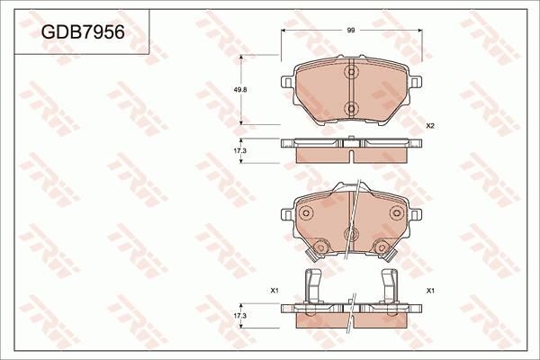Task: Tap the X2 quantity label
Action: click(x=430, y=125)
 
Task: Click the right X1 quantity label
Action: click(x=430, y=291)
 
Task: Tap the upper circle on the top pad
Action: click(x=352, y=72)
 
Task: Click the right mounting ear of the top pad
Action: click(x=417, y=83)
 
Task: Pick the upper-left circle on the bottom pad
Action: click(x=306, y=213)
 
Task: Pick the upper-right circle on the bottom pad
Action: click(x=396, y=213)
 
